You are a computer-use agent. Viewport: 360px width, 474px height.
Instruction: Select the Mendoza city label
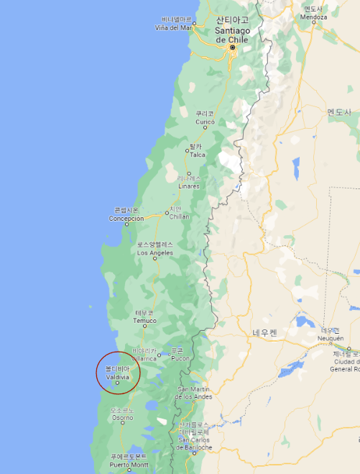point(313,16)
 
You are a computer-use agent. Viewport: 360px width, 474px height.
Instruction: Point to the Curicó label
point(205,122)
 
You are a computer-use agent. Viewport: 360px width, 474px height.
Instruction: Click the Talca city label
point(197,155)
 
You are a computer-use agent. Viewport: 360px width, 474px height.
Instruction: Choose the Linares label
point(189,186)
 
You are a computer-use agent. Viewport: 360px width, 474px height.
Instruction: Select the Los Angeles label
point(155,252)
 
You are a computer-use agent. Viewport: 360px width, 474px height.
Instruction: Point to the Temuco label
point(144,321)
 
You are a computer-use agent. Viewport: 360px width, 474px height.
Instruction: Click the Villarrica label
point(144,357)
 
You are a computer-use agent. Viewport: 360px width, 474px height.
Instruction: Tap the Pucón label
point(180,357)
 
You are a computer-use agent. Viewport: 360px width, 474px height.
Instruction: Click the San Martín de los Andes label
point(194,396)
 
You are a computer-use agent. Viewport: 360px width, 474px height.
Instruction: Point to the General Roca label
point(346,368)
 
